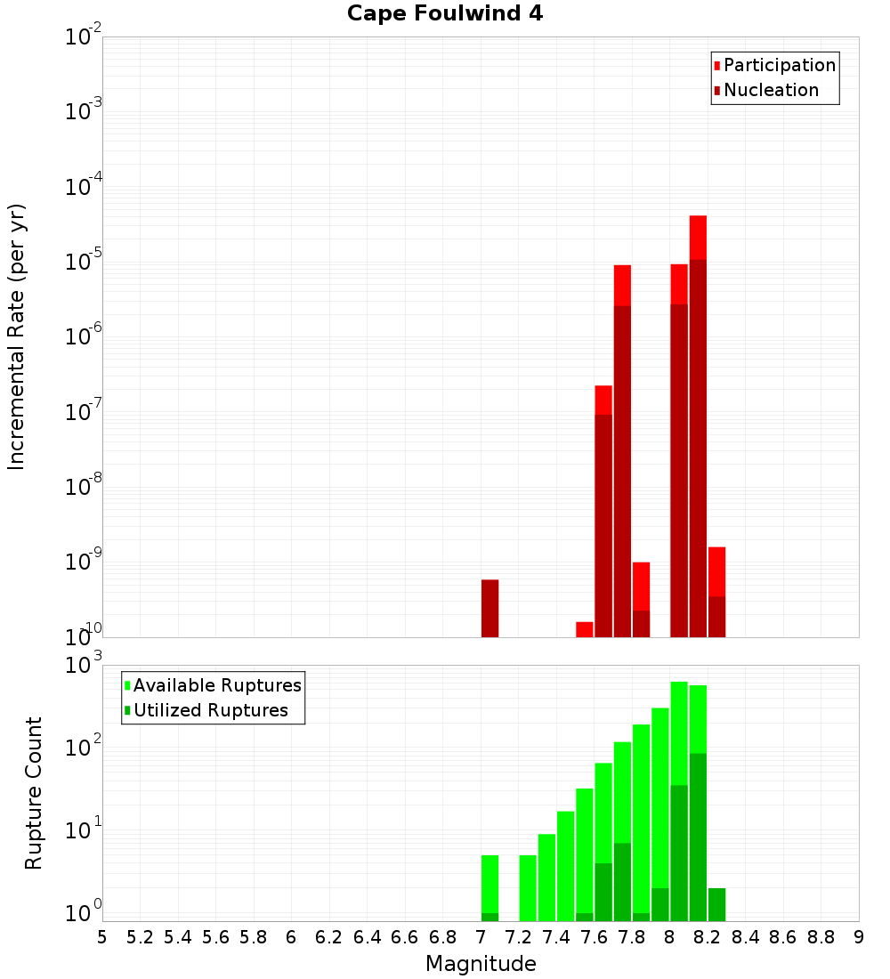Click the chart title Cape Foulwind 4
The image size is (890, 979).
click(445, 13)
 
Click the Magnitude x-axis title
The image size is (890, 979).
click(481, 964)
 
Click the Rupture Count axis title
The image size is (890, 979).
click(34, 793)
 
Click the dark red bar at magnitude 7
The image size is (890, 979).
click(489, 609)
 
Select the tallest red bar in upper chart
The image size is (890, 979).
click(698, 236)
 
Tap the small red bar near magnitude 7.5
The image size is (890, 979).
click(585, 629)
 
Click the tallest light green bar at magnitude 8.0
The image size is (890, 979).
click(679, 730)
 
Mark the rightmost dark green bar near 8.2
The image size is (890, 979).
click(717, 904)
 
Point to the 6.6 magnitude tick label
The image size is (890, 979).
click(405, 937)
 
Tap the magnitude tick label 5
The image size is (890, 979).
click(102, 937)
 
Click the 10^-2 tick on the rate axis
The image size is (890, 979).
click(85, 38)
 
